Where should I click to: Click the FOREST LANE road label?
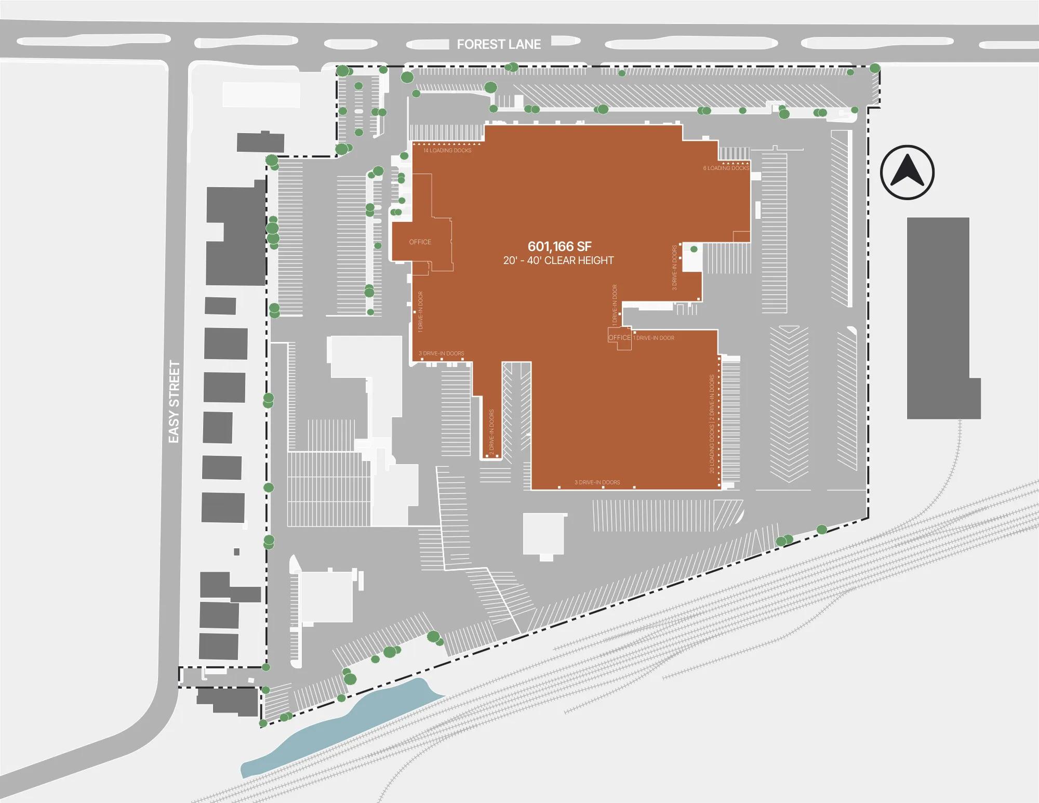(499, 45)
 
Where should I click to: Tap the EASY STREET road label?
(174, 402)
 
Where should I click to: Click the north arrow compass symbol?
(907, 172)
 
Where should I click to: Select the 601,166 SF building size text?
(560, 246)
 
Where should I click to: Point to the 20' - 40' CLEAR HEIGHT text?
(558, 260)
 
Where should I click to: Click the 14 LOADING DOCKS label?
(447, 151)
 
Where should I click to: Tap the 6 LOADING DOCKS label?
(726, 168)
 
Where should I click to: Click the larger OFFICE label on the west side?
(420, 242)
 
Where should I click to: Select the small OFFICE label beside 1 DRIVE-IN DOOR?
(619, 338)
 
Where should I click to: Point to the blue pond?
(343, 728)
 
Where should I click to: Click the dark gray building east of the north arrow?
(938, 317)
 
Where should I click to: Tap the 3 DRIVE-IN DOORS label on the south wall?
(597, 482)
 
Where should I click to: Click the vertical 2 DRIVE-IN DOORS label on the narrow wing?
(491, 433)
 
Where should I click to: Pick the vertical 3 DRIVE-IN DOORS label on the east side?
(674, 267)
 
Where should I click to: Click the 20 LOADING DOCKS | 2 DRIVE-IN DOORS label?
(712, 424)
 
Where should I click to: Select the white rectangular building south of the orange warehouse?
(543, 534)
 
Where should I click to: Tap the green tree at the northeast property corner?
(875, 68)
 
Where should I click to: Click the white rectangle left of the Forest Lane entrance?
(261, 95)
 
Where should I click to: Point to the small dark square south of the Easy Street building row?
(237, 552)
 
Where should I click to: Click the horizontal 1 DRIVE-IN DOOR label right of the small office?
(654, 338)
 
